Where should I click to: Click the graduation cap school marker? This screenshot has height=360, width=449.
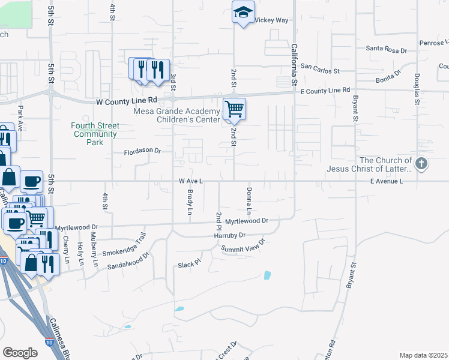click(x=243, y=13)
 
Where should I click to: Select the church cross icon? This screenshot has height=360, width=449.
click(x=422, y=163)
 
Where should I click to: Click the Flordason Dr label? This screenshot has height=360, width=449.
click(x=143, y=151)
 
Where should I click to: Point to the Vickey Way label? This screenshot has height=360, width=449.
click(x=272, y=20)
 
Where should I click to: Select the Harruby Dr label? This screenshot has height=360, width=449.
click(x=230, y=236)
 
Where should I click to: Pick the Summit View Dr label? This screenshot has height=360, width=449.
click(x=243, y=246)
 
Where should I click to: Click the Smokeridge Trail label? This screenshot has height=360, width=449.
click(x=124, y=245)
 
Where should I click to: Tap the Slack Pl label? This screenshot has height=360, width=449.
click(x=188, y=265)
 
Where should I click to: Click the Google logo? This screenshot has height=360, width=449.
click(x=20, y=352)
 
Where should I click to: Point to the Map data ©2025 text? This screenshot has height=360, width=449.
click(x=423, y=355)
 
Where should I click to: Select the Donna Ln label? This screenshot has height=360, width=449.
click(x=248, y=201)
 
